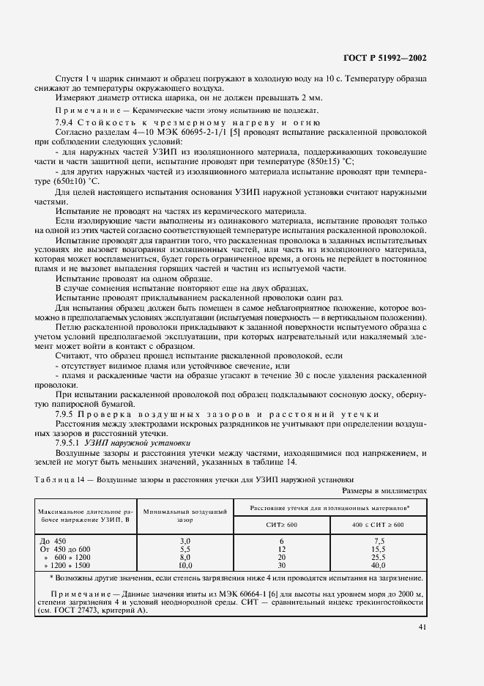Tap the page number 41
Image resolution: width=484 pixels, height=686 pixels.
[422, 627]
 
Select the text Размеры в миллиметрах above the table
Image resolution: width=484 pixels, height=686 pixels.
[384, 491]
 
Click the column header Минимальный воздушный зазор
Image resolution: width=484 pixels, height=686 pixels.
[185, 515]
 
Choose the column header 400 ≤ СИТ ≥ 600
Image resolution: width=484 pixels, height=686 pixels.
[378, 525]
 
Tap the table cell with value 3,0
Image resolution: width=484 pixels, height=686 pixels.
[185, 540]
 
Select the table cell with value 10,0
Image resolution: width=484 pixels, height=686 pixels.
[185, 566]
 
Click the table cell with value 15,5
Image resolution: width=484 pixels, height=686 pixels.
[378, 549]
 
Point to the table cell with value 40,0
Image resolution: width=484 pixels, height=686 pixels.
[378, 566]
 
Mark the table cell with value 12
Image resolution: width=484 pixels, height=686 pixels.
[282, 549]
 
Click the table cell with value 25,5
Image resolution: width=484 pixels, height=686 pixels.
[378, 557]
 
